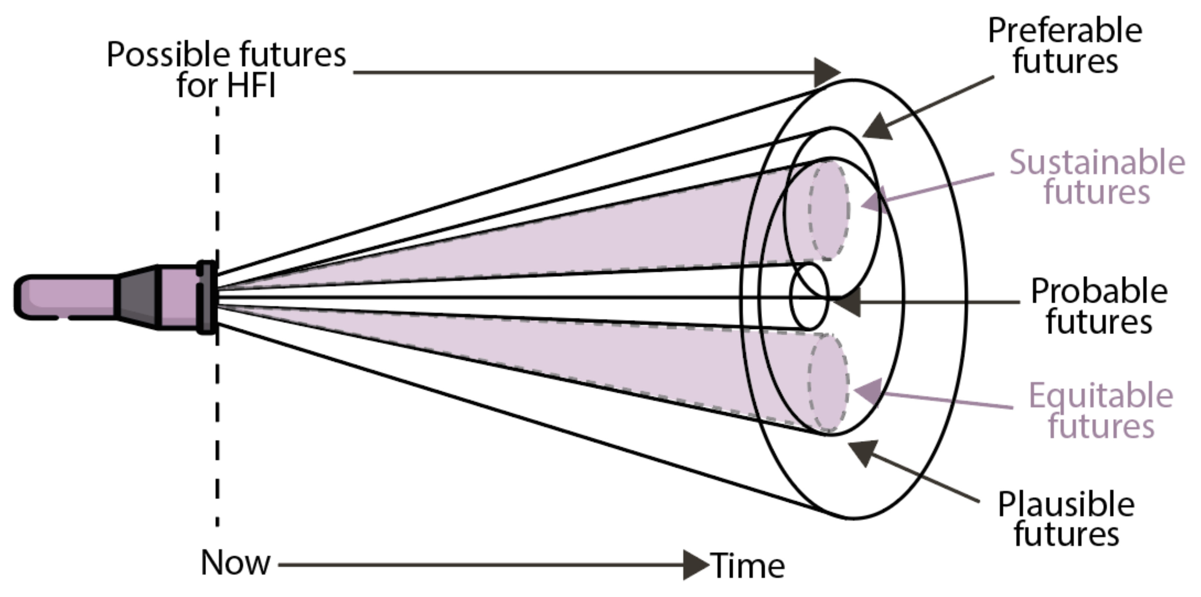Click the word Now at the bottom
pos(236,563)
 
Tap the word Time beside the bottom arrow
pos(747,566)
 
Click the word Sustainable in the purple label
pos(1097,162)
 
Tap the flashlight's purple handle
pos(65,297)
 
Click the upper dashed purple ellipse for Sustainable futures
pos(829,210)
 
